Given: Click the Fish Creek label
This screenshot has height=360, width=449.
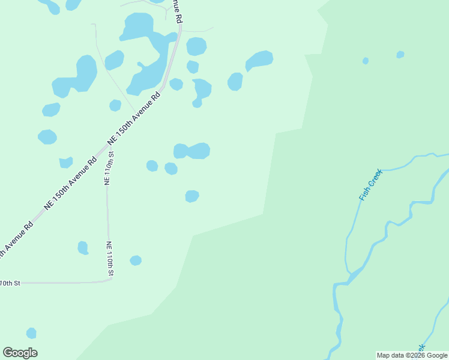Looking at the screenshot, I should point(370,185).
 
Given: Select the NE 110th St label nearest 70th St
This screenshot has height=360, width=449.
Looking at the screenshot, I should point(110,259).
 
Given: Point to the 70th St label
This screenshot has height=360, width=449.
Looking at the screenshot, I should point(10,283).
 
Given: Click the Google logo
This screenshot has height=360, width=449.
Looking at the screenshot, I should point(20,353).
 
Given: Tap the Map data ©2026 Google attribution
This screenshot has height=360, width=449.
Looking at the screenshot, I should point(412,355).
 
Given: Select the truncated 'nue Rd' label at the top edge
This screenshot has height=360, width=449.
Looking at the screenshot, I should point(177,11).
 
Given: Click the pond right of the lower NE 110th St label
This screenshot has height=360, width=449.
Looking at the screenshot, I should point(136,260).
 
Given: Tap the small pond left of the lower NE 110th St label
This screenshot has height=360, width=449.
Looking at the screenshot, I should point(83,247).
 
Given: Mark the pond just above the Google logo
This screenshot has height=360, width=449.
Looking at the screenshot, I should point(31,333).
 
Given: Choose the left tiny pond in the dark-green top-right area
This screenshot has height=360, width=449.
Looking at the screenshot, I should point(365,61).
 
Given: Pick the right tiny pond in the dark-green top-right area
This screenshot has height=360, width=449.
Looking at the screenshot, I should point(400,55).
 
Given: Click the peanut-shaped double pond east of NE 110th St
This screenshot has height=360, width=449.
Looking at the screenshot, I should point(192,151).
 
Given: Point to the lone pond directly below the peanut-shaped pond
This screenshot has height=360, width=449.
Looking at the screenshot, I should point(191,196).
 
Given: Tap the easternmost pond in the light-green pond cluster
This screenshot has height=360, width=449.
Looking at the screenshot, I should point(259,60).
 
